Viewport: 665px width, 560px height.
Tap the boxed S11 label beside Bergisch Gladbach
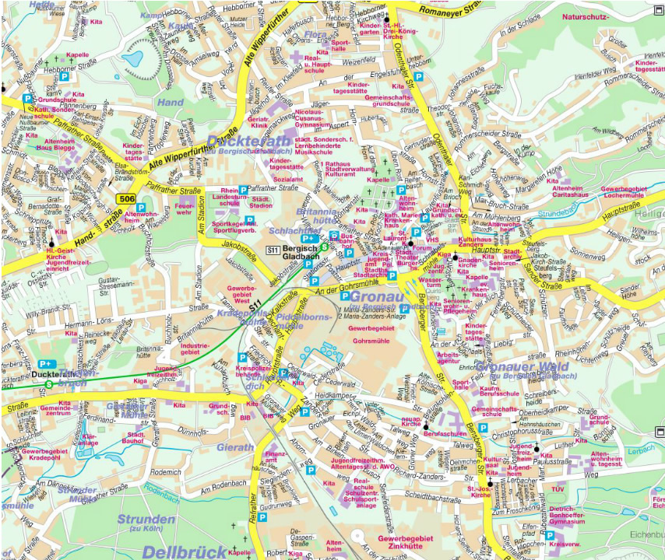273,250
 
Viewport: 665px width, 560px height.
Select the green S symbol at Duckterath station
50,383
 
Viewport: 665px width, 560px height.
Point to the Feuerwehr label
185,208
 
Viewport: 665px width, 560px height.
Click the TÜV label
557,489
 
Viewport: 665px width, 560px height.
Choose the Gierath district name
233,448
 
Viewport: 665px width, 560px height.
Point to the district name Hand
171,102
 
